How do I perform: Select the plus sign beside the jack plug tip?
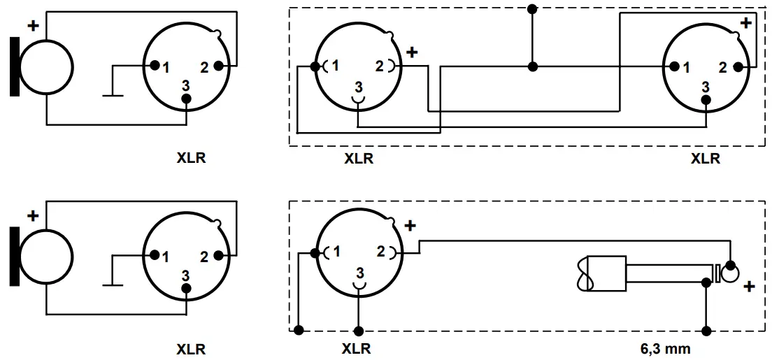(x=750, y=287)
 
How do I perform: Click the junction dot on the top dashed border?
(x=532, y=9)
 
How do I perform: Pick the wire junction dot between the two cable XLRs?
(x=532, y=67)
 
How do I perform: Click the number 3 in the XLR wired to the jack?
(x=359, y=271)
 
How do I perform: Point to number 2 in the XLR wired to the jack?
(x=381, y=251)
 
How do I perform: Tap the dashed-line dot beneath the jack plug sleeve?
(x=706, y=330)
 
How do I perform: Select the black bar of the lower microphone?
(x=14, y=257)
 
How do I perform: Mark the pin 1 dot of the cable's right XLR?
(x=674, y=67)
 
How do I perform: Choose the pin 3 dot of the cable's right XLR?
(x=706, y=99)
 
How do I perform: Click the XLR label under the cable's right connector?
(x=705, y=159)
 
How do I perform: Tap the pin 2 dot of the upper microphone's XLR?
(x=219, y=66)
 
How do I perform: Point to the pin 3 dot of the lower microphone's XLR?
(x=186, y=289)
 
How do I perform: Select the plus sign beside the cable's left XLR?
(x=412, y=52)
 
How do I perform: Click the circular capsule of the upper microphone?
(x=46, y=67)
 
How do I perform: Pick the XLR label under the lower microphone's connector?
(x=191, y=349)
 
